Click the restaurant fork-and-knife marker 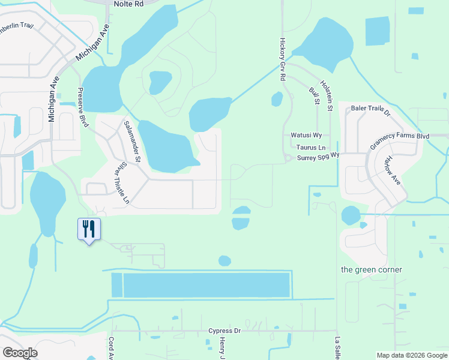coord(89,229)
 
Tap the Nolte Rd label coord(128,4)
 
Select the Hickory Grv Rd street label coord(282,60)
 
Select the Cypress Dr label coord(224,331)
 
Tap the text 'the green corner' coord(372,269)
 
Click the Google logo coord(20,353)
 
